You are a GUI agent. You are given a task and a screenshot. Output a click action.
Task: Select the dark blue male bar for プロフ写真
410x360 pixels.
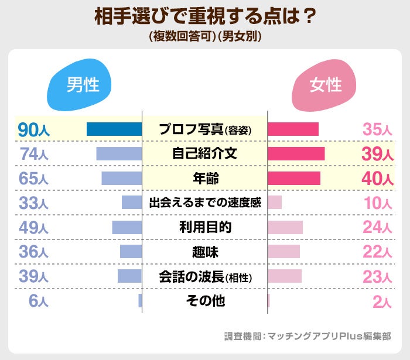pos(114,129)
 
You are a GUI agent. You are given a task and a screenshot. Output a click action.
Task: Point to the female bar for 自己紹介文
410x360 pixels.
pos(296,154)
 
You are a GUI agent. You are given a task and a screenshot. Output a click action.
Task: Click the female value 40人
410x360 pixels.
pos(377,179)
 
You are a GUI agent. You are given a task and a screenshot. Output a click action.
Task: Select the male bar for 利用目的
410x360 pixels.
pos(127,228)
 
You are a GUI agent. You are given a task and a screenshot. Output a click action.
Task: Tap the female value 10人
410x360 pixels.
pos(377,203)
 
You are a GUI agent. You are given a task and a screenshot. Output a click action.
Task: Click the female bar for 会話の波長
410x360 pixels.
pos(285,276)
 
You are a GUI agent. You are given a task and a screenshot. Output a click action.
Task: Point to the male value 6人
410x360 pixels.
pos(38,301)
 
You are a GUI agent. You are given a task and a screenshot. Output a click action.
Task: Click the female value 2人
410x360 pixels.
pos(381,301)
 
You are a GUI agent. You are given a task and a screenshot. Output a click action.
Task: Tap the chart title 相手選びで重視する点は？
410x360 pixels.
pos(205,16)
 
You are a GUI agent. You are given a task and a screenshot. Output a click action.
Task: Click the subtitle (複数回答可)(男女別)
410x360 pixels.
pos(205,36)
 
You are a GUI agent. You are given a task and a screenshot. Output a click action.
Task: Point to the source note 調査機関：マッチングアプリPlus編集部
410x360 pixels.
pos(307,337)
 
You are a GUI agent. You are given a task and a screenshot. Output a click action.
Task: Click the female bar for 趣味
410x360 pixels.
pos(283,252)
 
